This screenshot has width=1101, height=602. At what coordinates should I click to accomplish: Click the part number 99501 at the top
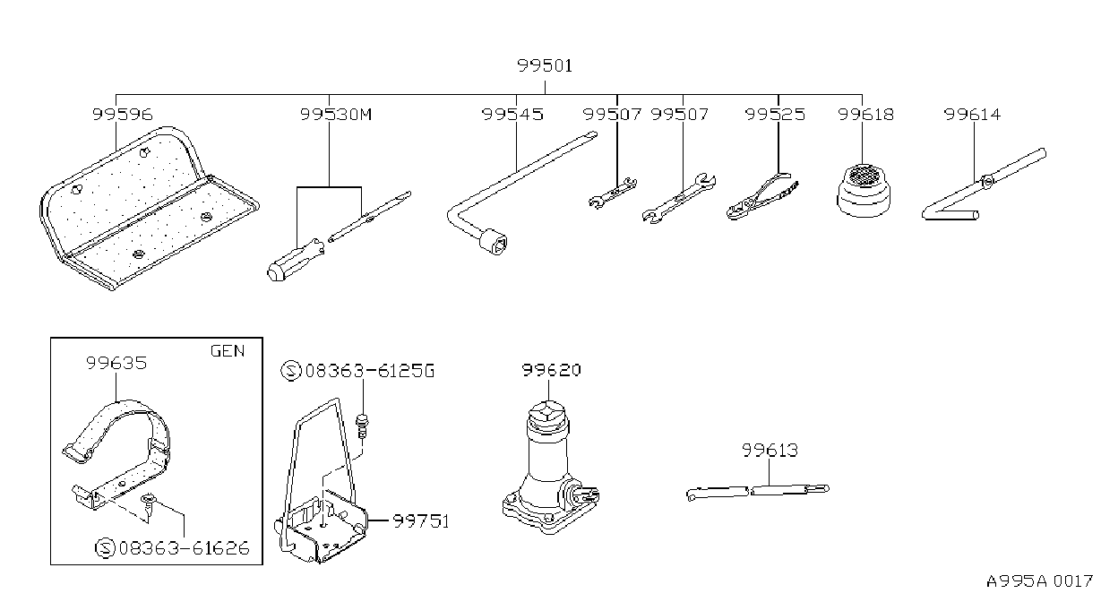coord(545,66)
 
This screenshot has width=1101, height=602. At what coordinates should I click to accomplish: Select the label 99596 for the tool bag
coord(123,115)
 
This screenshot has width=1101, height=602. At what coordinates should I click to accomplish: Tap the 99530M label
coord(336,115)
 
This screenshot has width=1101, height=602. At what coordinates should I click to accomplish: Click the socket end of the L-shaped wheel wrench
coord(494,241)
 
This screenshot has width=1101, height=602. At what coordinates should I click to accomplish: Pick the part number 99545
coord(512,115)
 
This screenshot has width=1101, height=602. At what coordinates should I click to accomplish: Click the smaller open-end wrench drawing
coord(613,193)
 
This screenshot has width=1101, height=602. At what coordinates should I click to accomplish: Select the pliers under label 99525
coord(762,196)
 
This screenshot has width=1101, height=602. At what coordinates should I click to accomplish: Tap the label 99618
coord(865,115)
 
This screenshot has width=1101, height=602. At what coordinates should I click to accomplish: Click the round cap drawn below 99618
coord(864,191)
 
